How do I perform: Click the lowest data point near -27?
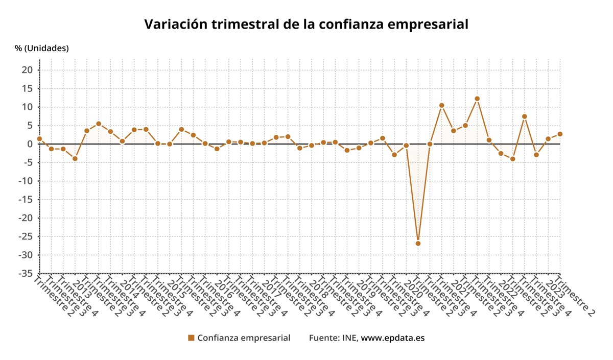(418, 244)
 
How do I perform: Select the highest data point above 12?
(477, 99)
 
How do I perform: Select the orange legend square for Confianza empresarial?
(192, 338)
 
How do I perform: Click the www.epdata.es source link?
(393, 338)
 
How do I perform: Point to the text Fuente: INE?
(334, 338)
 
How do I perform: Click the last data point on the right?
(560, 134)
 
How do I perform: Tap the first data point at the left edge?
(39, 139)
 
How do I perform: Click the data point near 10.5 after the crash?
(442, 106)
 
